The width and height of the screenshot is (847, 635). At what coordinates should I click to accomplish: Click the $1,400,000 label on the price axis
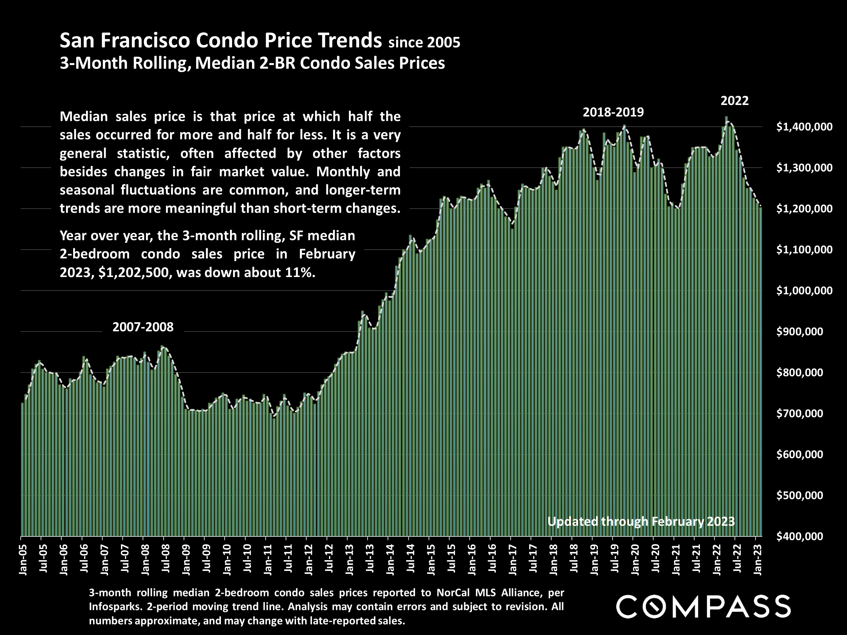click(804, 127)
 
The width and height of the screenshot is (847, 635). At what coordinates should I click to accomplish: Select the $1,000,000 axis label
click(804, 291)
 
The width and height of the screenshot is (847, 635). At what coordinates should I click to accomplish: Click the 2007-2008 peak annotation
click(143, 327)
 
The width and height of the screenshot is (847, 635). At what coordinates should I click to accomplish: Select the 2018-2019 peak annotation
click(613, 112)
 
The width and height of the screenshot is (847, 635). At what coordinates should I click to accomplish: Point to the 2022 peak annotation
click(735, 101)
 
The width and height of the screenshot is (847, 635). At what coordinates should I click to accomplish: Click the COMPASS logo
click(703, 606)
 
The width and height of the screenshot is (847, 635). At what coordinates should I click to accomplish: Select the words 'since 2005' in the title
click(424, 42)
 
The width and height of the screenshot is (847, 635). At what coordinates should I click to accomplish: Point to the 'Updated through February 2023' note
click(641, 521)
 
